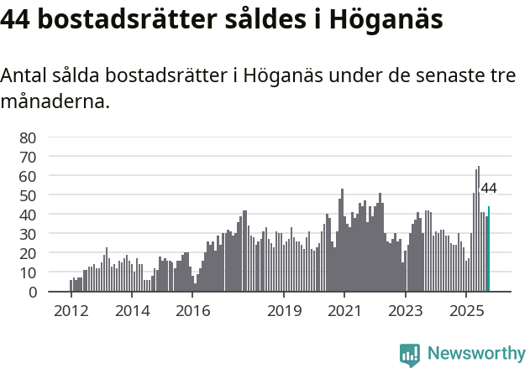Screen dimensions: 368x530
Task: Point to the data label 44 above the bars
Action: [489, 189]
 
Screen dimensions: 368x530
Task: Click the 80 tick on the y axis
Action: [28, 137]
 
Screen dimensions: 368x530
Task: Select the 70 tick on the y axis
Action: [28, 157]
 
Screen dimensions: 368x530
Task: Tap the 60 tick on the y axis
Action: [28, 176]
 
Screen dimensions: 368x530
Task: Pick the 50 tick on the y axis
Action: [28, 195]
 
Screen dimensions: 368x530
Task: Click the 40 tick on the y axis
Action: [28, 215]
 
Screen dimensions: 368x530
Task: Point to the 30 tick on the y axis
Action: [28, 234]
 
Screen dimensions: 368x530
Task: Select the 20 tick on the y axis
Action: [28, 253]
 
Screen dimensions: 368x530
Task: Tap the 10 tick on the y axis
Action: [28, 272]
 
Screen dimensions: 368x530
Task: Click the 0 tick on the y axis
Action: [32, 292]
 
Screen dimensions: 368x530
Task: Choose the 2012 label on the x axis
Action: [71, 310]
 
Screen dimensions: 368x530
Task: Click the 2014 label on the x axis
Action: [132, 310]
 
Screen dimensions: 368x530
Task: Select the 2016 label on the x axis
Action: [193, 310]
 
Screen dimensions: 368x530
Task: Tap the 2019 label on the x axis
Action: [284, 310]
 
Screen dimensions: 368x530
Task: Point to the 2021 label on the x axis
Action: [344, 310]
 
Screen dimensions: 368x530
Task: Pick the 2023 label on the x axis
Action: [406, 310]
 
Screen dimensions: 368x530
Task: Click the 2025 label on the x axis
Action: [466, 310]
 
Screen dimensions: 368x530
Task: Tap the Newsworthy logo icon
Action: [410, 355]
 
